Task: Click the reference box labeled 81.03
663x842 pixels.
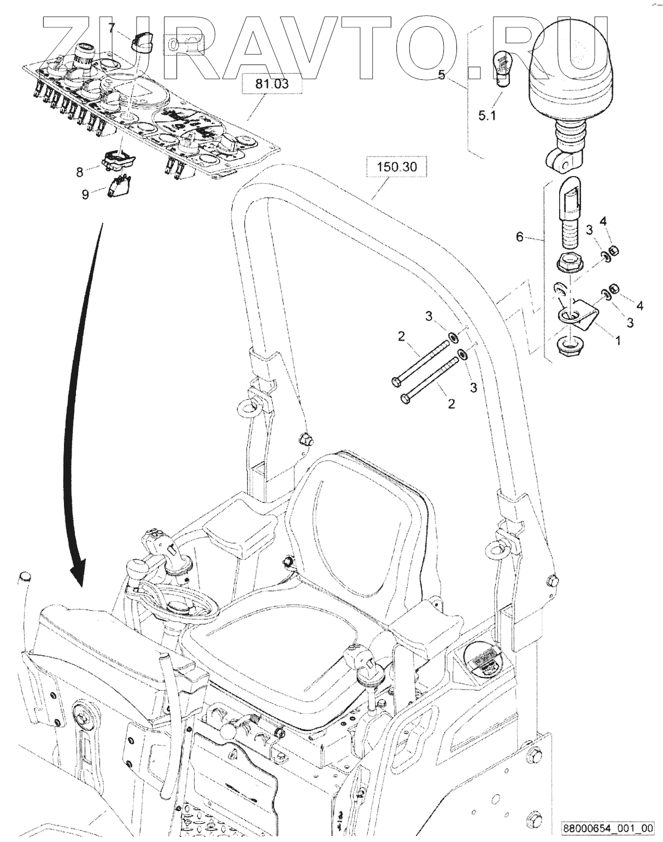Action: (272, 84)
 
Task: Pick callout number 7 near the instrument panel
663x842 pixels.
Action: (112, 27)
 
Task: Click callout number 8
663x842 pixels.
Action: (80, 172)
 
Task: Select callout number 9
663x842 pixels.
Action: (85, 194)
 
